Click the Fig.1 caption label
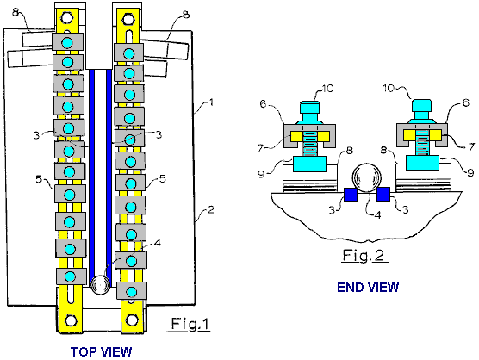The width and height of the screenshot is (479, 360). click(190, 324)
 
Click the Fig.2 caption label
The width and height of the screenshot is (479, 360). click(364, 255)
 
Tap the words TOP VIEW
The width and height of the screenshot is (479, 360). click(101, 351)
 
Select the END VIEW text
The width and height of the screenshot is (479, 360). click(368, 288)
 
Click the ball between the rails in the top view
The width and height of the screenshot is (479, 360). click(101, 284)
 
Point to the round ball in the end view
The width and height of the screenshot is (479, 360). click(367, 178)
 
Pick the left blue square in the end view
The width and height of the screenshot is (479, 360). click(351, 195)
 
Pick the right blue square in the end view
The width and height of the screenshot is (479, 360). click(383, 194)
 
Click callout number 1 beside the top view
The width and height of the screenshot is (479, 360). click(211, 102)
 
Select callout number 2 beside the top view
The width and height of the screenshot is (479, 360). click(211, 210)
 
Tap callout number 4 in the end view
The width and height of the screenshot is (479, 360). click(378, 215)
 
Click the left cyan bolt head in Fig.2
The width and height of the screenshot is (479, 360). click(309, 108)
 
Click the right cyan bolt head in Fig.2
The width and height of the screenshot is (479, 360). click(421, 105)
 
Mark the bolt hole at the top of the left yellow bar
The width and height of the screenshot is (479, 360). click(67, 18)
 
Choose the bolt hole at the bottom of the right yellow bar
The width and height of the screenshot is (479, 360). click(132, 320)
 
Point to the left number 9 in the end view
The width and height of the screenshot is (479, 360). click(261, 174)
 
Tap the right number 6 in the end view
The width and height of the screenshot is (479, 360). click(466, 102)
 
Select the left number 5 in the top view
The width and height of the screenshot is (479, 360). click(39, 179)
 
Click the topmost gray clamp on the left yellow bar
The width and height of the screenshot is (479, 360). click(67, 42)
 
